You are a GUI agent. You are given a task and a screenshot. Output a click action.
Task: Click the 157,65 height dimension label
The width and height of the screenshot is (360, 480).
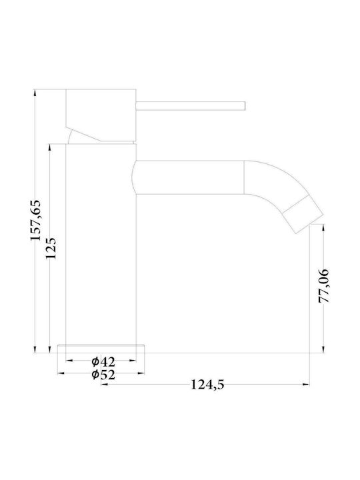pos(35,220)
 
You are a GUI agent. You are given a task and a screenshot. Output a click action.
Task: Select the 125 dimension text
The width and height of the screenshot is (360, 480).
pos(51,248)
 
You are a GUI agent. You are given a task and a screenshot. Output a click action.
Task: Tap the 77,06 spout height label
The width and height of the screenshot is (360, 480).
pos(323,286)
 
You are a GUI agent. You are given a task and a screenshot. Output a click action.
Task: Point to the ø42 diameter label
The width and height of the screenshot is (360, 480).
pos(103,362)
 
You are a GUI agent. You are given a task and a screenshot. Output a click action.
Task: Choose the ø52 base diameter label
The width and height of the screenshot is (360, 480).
pos(103,375)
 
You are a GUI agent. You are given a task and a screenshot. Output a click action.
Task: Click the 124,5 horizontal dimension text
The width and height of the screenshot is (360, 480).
pos(207,385)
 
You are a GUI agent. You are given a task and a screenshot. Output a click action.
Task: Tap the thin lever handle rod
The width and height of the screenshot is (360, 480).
pos(191,105)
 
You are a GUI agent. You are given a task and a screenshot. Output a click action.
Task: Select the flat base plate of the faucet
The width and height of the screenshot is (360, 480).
pos(101,349)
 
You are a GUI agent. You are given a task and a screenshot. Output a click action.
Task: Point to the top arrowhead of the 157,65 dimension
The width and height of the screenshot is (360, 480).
pos(35,93)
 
